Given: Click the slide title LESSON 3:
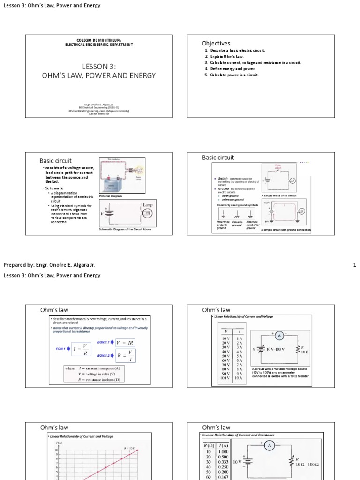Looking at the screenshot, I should [99, 67].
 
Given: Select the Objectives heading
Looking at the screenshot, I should [216, 44].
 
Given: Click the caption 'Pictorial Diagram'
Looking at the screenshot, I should [111, 196].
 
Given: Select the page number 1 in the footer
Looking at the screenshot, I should [354, 265].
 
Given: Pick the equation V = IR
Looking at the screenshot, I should [125, 343].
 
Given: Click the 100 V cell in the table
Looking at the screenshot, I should [226, 378].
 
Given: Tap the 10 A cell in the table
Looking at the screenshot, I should [239, 378].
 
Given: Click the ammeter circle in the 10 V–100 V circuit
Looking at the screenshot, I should [278, 336].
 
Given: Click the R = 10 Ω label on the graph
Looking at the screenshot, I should [130, 448].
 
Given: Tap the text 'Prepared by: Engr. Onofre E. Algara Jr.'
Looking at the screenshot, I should [49, 265].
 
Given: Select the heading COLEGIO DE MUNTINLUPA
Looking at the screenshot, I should [99, 41].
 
